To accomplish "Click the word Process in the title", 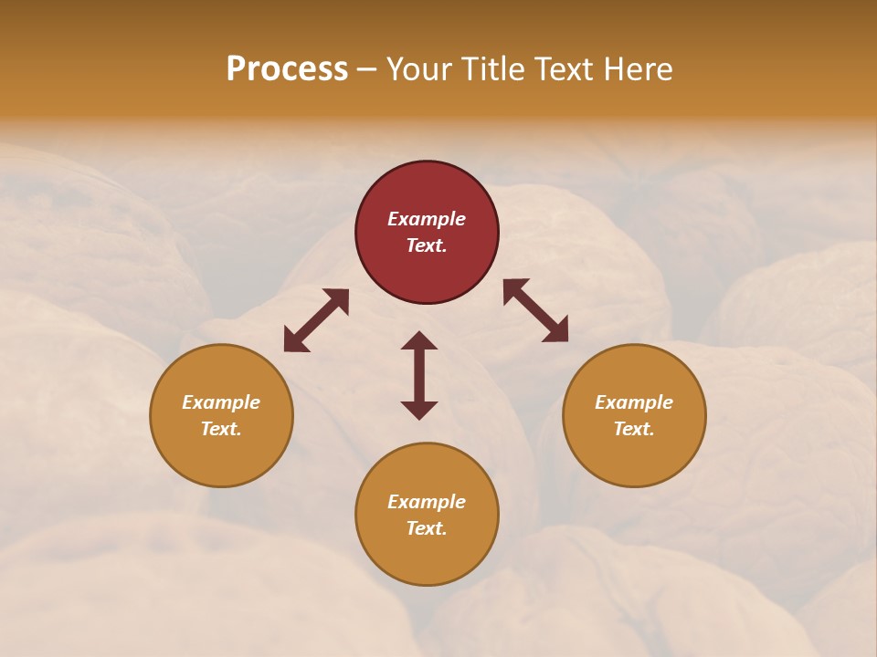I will point(287,69).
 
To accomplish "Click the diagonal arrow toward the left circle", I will point(316,320).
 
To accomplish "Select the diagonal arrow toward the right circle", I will point(535,311).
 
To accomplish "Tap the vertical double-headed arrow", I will point(419,375).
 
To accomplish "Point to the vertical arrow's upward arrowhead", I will point(419,340).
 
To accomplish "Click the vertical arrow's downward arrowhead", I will point(419,410).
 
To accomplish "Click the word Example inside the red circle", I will point(427,219).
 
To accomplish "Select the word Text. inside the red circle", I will point(427,245).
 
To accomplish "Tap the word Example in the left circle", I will point(221,402).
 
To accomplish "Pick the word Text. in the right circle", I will point(634,429).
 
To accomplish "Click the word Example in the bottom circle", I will point(427,502).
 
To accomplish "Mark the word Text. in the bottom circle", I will point(427,528).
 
